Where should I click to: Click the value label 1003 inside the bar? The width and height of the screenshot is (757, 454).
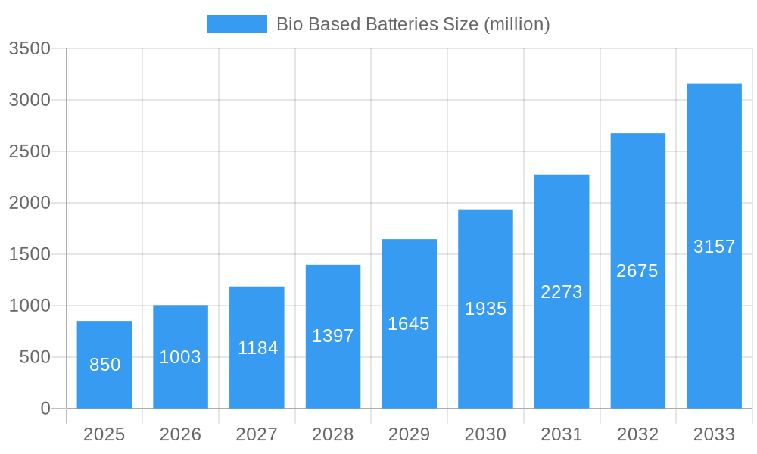(180, 357)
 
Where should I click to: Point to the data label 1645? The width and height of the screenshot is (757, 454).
(409, 324)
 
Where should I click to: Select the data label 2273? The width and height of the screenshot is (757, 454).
(562, 292)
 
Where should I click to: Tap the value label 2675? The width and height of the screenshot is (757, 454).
(637, 271)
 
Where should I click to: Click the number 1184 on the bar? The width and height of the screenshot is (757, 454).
(257, 348)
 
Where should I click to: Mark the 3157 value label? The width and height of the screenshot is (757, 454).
(714, 247)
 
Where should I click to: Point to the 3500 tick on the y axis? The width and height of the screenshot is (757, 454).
(30, 49)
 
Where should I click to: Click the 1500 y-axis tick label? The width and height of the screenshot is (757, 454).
(30, 255)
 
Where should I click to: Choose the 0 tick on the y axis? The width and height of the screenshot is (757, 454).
(45, 409)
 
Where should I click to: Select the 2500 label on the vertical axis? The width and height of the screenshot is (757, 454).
(30, 152)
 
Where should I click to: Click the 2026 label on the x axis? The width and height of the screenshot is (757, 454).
(180, 434)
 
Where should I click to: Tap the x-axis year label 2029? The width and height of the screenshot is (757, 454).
(409, 434)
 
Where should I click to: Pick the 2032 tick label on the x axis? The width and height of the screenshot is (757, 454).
(637, 434)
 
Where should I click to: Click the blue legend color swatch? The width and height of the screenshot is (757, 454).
(236, 24)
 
